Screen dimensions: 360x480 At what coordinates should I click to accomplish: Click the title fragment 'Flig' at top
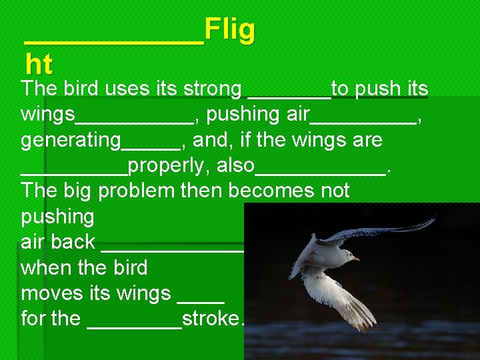tap(229, 31)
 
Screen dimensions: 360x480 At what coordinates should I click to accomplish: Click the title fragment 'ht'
tap(39, 65)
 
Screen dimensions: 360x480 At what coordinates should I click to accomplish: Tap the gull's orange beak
tap(356, 258)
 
